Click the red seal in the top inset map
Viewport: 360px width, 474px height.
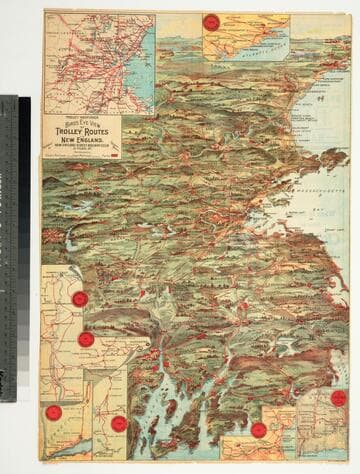(x=211, y=21)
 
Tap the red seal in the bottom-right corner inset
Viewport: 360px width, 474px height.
(x=339, y=397)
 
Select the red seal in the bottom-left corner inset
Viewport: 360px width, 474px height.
(x=54, y=412)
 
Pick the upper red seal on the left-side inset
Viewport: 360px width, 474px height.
(x=79, y=298)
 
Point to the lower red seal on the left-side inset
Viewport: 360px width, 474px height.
(x=86, y=339)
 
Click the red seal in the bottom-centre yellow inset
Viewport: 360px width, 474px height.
(x=259, y=430)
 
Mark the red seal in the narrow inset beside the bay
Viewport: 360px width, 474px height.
(x=119, y=423)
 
